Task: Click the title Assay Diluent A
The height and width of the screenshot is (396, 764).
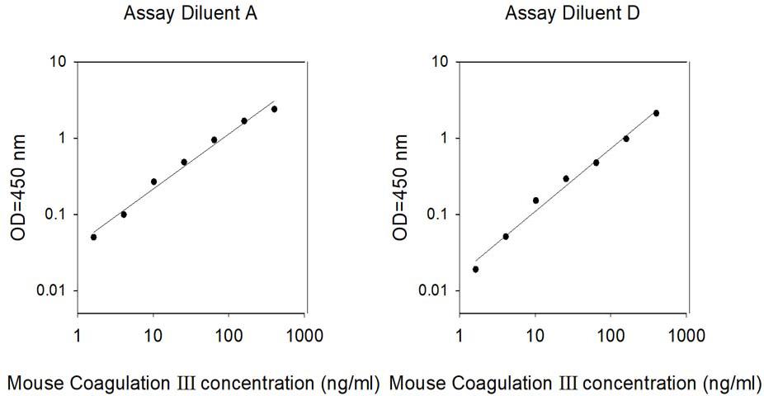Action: click(191, 13)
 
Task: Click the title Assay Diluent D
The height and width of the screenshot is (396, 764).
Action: click(573, 13)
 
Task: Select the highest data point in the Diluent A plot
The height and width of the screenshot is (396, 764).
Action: click(274, 109)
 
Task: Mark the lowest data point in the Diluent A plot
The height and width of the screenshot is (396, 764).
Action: click(93, 237)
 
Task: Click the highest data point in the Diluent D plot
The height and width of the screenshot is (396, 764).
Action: click(656, 113)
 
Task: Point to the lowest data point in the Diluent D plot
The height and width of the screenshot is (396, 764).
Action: click(475, 269)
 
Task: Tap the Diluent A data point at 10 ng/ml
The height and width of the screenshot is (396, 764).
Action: click(153, 181)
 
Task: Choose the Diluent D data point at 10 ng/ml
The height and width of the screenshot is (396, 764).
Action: click(535, 200)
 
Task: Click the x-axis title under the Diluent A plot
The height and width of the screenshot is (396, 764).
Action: click(193, 383)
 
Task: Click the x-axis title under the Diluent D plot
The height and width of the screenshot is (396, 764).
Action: click(574, 383)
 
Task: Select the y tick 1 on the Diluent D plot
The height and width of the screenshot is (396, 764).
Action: click(443, 138)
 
